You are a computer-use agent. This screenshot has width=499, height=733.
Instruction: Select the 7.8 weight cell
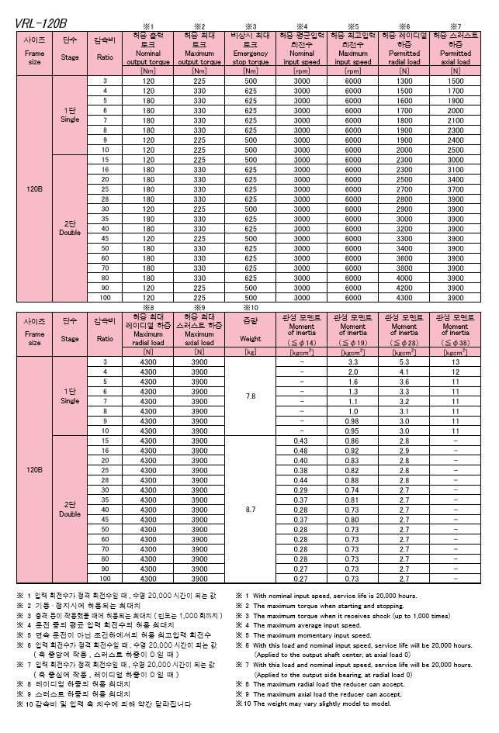(251, 396)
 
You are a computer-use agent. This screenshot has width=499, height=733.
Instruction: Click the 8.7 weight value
(251, 509)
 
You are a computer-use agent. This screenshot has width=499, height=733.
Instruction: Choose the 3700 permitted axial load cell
(455, 188)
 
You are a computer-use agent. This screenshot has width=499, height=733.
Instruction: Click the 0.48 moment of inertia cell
(301, 450)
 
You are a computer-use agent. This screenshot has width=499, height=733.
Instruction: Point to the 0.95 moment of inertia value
(352, 430)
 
